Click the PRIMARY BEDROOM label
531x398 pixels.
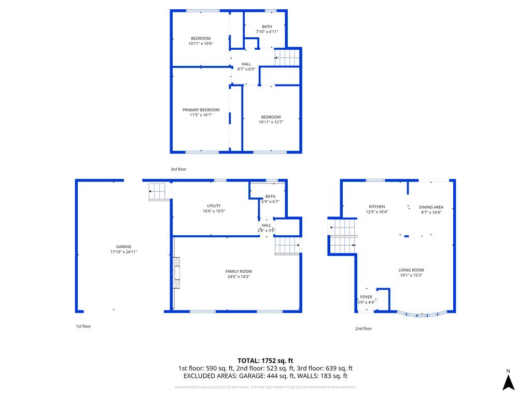(x=201, y=110)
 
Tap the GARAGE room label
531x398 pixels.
(x=123, y=247)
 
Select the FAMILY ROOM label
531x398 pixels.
(x=239, y=272)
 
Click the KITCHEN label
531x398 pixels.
(x=377, y=207)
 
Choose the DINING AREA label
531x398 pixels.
(x=431, y=207)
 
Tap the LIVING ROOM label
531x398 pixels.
(x=411, y=270)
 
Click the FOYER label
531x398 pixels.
(x=366, y=297)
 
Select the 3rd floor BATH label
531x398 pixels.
(x=267, y=27)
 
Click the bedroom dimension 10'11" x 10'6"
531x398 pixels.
(x=201, y=44)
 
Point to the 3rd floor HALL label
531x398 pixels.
(x=246, y=64)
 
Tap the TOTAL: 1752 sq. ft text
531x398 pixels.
(x=265, y=361)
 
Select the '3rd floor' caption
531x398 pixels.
(x=178, y=169)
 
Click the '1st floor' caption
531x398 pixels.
(x=83, y=326)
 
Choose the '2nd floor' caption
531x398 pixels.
(x=364, y=329)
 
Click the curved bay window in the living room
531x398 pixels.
(x=422, y=314)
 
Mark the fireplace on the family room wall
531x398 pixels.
(x=176, y=273)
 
